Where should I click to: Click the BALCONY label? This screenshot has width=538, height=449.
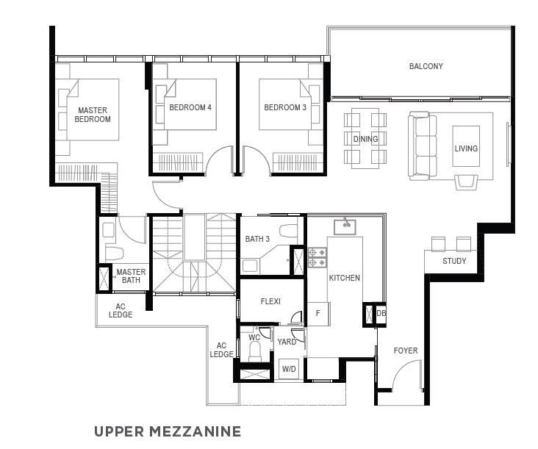pyautogui.click(x=426, y=66)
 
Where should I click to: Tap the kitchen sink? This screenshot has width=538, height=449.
pyautogui.click(x=345, y=227)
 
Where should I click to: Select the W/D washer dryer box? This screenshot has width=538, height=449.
pyautogui.click(x=289, y=369)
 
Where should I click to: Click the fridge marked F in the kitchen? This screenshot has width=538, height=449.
pyautogui.click(x=318, y=314)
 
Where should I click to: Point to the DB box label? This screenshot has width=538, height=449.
pyautogui.click(x=381, y=313)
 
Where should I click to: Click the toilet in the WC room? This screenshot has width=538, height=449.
pyautogui.click(x=255, y=351)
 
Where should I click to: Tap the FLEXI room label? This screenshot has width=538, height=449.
pyautogui.click(x=270, y=301)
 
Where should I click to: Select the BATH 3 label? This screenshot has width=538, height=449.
pyautogui.click(x=257, y=239)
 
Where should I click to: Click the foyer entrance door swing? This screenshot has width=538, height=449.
pyautogui.click(x=407, y=375)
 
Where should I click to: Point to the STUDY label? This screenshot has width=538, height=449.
pyautogui.click(x=454, y=261)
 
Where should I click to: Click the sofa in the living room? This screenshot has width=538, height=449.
pyautogui.click(x=423, y=146)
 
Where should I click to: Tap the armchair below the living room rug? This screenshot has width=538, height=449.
pyautogui.click(x=466, y=182)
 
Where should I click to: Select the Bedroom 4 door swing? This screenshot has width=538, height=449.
pyautogui.click(x=220, y=160)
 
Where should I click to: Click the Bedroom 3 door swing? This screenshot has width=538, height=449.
pyautogui.click(x=257, y=160)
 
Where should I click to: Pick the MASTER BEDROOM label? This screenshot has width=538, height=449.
pyautogui.click(x=93, y=115)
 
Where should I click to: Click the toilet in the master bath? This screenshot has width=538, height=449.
pyautogui.click(x=114, y=253)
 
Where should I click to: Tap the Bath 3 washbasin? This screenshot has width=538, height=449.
pyautogui.click(x=250, y=266)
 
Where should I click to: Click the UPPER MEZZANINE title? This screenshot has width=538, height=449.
pyautogui.click(x=168, y=431)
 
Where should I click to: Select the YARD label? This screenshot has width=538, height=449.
pyautogui.click(x=287, y=342)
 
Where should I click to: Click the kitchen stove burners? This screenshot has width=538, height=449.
pyautogui.click(x=318, y=258)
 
